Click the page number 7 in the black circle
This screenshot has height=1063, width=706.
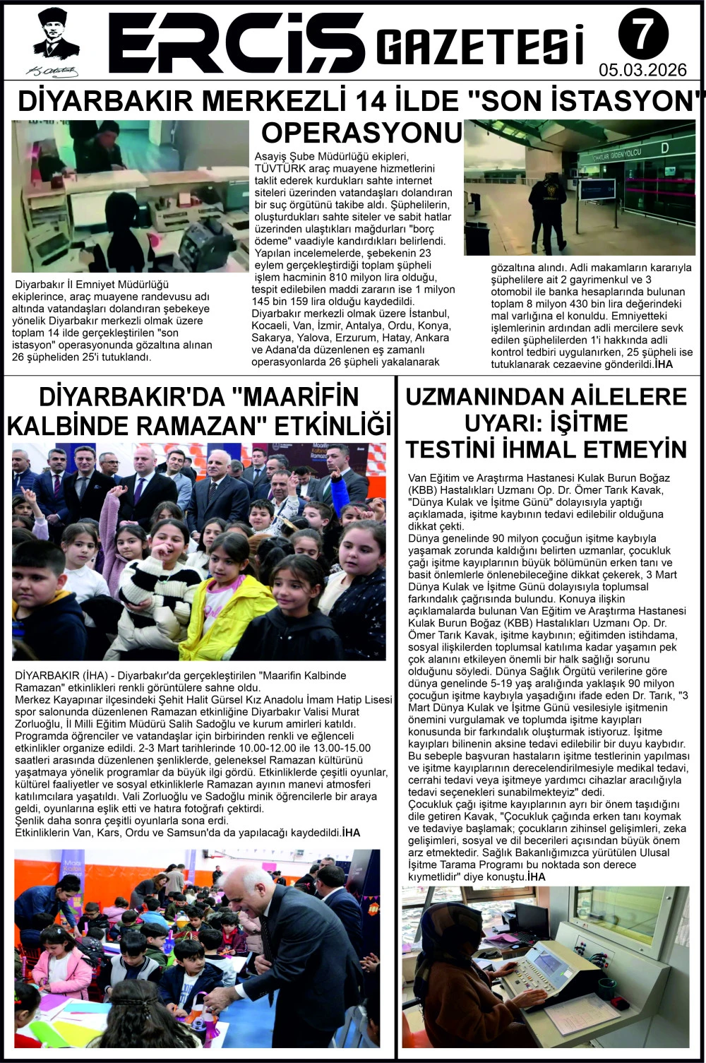click(640, 35)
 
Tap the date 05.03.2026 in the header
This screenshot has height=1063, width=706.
click(642, 70)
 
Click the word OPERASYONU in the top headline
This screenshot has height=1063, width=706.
click(361, 133)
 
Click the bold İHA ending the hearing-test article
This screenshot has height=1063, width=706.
click(536, 877)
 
